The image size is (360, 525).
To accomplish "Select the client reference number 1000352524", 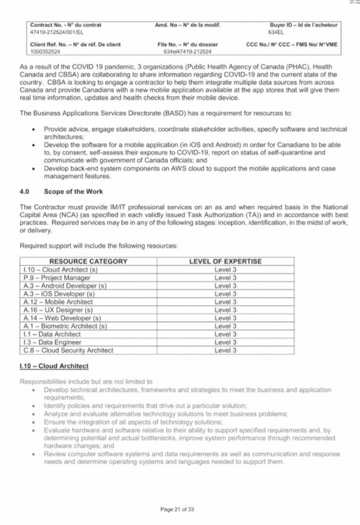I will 45,51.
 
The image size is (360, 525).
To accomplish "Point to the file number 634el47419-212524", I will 188,51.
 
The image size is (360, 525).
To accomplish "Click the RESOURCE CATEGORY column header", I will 88,261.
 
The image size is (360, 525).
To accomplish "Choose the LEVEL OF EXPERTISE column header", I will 225,261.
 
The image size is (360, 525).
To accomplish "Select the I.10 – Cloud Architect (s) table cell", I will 61,270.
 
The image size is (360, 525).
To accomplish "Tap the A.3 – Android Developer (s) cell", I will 65,286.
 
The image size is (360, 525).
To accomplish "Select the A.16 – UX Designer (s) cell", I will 58,310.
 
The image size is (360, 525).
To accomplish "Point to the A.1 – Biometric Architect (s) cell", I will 65,326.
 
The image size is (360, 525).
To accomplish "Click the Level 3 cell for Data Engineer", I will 225,342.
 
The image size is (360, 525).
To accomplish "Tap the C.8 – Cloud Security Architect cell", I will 68,351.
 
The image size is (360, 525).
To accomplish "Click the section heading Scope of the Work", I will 73,191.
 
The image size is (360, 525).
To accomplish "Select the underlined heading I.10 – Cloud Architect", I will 54,366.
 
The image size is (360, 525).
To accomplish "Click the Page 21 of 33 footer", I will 177,510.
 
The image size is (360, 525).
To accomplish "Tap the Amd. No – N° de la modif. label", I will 188,25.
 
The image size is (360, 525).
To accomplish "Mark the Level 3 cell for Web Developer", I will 225,318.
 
